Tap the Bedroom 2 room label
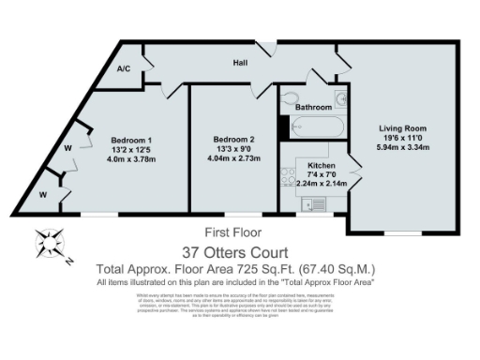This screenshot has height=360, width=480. point(232,141)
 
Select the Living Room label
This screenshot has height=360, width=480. point(402,127)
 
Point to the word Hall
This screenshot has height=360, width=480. point(241,65)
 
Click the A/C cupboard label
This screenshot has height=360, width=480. point(123,69)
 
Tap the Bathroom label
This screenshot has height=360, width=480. point(313,108)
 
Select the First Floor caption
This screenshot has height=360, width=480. point(233,232)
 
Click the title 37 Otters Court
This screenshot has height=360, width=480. point(239,251)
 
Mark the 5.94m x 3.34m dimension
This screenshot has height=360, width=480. point(402,147)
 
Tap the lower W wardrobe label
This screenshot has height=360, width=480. point(44,195)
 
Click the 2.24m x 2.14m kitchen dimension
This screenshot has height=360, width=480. point(321,184)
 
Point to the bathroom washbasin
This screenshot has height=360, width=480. point(342,97)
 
